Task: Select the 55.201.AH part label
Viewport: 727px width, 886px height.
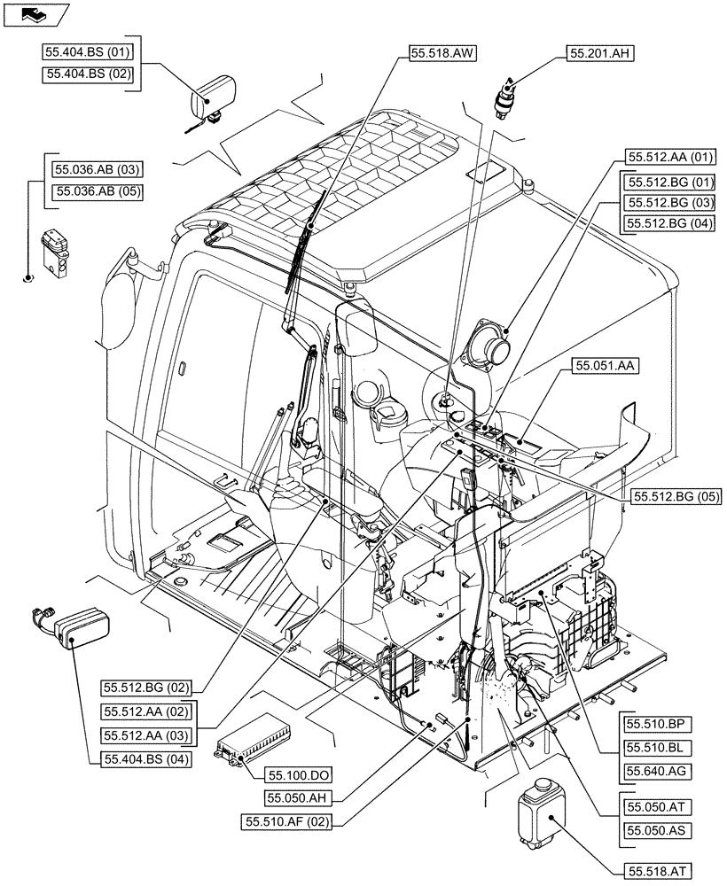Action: point(600,54)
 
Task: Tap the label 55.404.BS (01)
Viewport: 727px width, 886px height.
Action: point(87,52)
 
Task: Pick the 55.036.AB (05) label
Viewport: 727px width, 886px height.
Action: point(98,190)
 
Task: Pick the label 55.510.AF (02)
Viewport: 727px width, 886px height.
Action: point(286,822)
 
